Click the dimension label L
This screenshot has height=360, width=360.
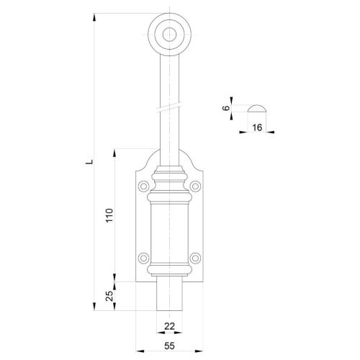89,161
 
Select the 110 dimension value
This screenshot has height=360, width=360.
109,215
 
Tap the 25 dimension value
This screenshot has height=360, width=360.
109,296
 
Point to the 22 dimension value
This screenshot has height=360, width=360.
169,326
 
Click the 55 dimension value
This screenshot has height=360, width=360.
169,346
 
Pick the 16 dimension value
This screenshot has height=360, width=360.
257,127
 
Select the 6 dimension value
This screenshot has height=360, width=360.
226,108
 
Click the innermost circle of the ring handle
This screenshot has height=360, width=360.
169,35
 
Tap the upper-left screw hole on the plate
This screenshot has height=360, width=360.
144,186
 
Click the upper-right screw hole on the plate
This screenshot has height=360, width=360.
195,186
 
